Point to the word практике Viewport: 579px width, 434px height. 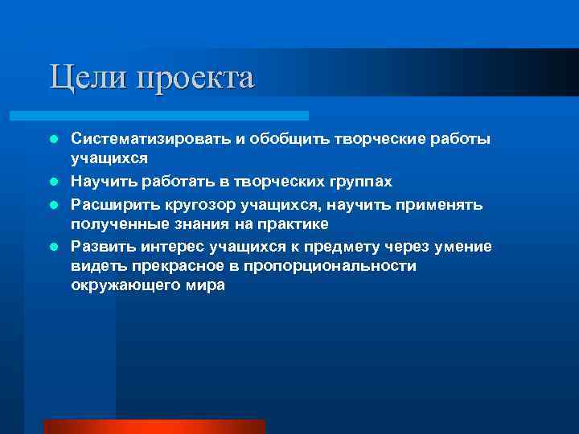293,224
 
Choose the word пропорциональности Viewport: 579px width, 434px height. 336,266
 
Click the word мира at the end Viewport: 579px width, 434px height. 206,287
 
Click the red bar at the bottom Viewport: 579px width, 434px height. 154,426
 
